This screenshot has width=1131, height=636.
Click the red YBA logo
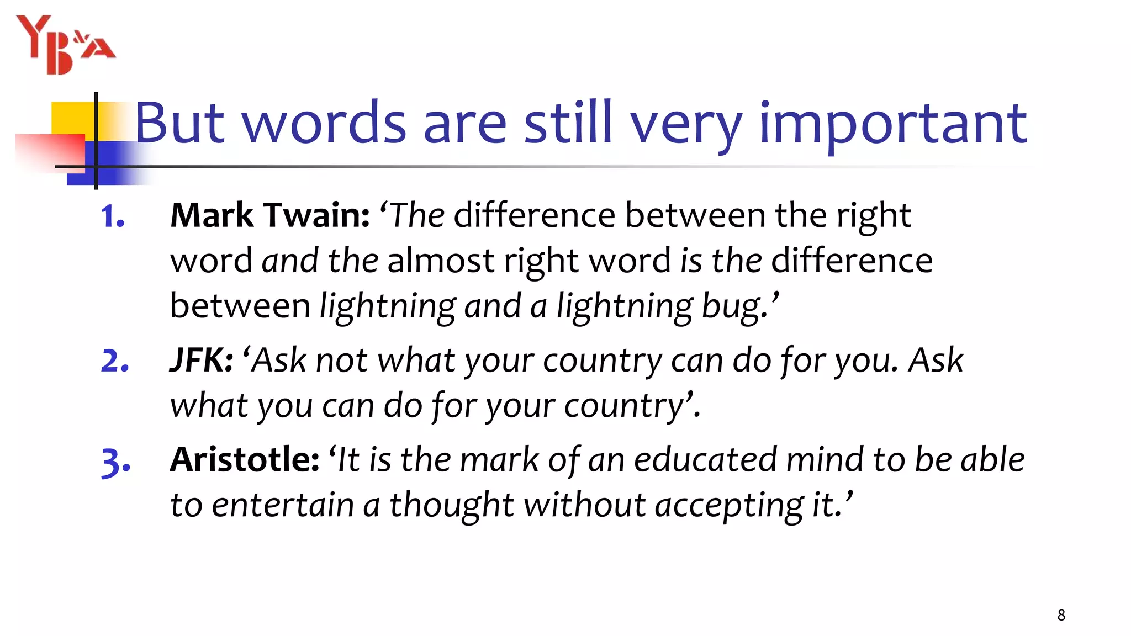tap(65, 45)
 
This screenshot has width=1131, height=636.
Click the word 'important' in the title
tap(893, 124)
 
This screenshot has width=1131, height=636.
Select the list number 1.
tap(113, 216)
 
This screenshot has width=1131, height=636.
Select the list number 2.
tap(115, 361)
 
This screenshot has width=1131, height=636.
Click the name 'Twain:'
tap(316, 215)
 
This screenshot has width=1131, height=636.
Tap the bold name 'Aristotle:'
tap(245, 459)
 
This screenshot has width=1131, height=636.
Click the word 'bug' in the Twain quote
tap(734, 306)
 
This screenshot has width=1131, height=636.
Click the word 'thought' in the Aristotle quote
tap(452, 505)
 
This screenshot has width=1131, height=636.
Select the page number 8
tap(1061, 615)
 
